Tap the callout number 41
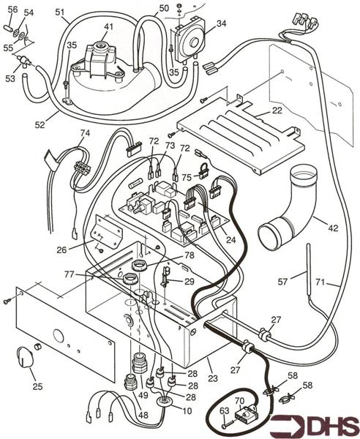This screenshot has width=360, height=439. pyautogui.click(x=108, y=27)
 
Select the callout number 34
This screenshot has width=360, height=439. pyautogui.click(x=222, y=24)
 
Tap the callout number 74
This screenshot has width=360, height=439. pyautogui.click(x=85, y=134)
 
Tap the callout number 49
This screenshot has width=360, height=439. pyautogui.click(x=143, y=396)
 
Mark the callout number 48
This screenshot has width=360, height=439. pyautogui.click(x=143, y=416)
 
